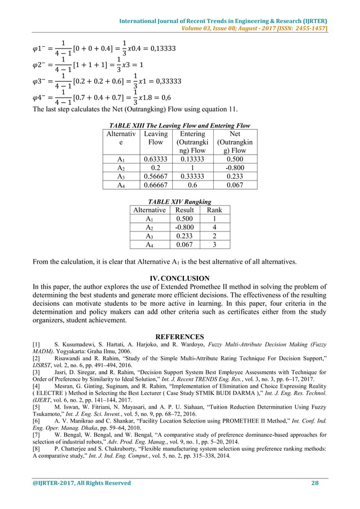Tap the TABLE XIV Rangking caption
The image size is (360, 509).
[179, 201]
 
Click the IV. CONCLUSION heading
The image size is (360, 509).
[179, 278]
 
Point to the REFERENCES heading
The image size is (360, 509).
[179, 336]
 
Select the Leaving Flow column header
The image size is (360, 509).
[155, 138]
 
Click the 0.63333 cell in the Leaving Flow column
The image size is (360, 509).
[155, 159]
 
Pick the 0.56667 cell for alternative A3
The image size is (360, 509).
[155, 176]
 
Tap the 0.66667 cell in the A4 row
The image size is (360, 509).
[155, 185]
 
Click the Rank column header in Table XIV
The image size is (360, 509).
[214, 210]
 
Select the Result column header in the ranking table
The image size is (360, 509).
[185, 210]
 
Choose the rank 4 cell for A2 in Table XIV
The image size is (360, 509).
[214, 227]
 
